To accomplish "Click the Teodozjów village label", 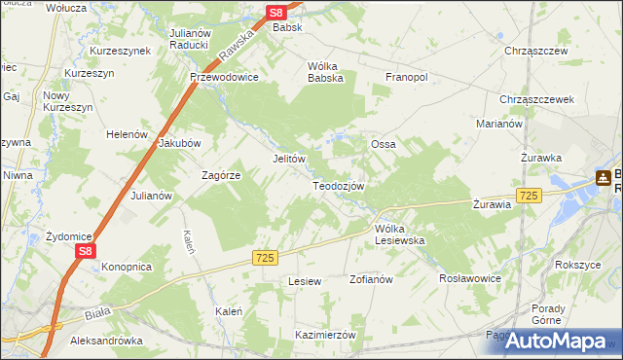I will tap(338, 185).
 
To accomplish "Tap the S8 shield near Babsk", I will tap(277, 13).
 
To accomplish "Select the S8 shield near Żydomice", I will tap(86, 250).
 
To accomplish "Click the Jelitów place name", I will tap(288, 159).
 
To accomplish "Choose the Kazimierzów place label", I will tap(326, 334).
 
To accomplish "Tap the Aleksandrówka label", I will tap(107, 342).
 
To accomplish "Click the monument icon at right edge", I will tap(604, 178).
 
